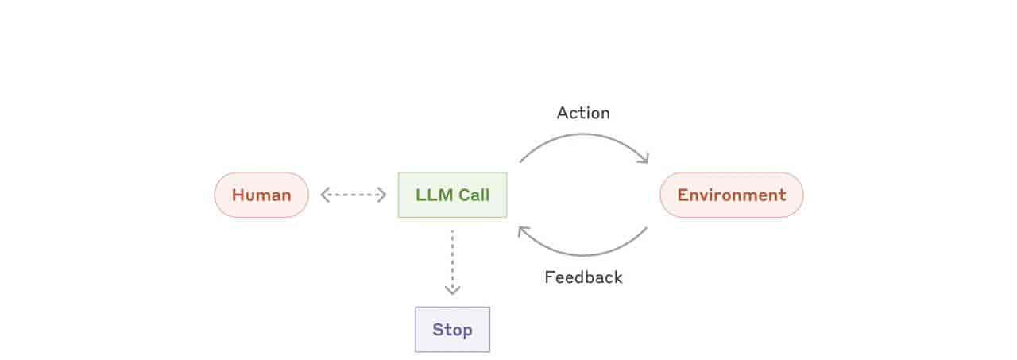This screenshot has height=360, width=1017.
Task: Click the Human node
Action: click(261, 195)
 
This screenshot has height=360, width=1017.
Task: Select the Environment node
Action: click(732, 195)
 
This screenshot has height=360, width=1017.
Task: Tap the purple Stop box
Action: click(452, 330)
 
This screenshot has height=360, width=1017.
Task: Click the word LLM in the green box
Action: click(434, 195)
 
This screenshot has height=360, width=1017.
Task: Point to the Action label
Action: click(583, 113)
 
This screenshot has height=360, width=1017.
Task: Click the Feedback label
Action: click(583, 277)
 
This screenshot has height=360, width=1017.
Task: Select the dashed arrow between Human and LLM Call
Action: click(354, 195)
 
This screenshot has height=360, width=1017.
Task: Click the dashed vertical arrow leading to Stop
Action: click(452, 262)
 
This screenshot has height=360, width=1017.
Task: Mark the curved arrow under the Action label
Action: click(583, 134)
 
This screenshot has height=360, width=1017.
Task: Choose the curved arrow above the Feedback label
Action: click(583, 254)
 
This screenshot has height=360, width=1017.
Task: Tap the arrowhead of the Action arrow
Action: click(644, 157)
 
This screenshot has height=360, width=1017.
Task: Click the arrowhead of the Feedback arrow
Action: click(524, 231)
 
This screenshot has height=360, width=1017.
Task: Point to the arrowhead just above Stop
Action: click(452, 291)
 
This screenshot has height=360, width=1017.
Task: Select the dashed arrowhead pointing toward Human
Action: click(324, 195)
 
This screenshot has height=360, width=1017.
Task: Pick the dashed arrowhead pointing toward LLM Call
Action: click(382, 195)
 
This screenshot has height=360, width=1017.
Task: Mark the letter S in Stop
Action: click(438, 330)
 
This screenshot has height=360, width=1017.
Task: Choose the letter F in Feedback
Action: click(550, 277)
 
